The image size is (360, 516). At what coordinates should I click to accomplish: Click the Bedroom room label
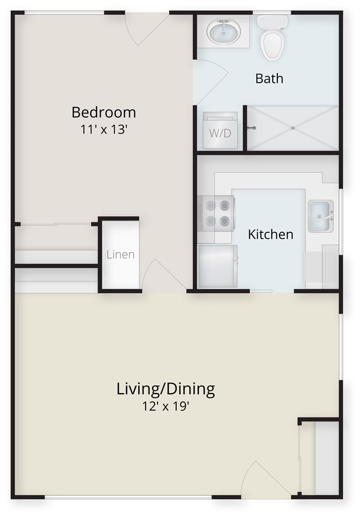coord(104,112)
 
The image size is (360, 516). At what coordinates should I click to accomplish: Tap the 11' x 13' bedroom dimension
coord(104,130)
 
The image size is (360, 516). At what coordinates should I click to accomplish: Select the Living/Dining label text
coord(166,389)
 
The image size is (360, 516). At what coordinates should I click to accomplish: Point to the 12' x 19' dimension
coord(166,407)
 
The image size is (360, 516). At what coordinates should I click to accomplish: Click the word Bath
coord(269,78)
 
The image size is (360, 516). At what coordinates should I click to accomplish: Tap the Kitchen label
coord(271,234)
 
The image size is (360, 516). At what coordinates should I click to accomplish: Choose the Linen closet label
coord(120,254)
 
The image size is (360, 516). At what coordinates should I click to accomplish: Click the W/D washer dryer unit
coord(220,130)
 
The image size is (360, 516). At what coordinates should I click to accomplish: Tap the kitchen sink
coord(320,216)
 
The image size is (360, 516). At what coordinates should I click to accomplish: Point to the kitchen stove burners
coord(217,213)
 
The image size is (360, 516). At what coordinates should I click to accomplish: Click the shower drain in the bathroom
coord(293,127)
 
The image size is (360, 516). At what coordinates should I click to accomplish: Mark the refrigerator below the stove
coord(218,266)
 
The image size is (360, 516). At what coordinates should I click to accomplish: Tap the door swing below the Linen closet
coord(164,276)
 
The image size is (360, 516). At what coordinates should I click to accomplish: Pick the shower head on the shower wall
coord(252,128)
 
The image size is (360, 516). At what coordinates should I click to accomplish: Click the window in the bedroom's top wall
coord(65,13)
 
